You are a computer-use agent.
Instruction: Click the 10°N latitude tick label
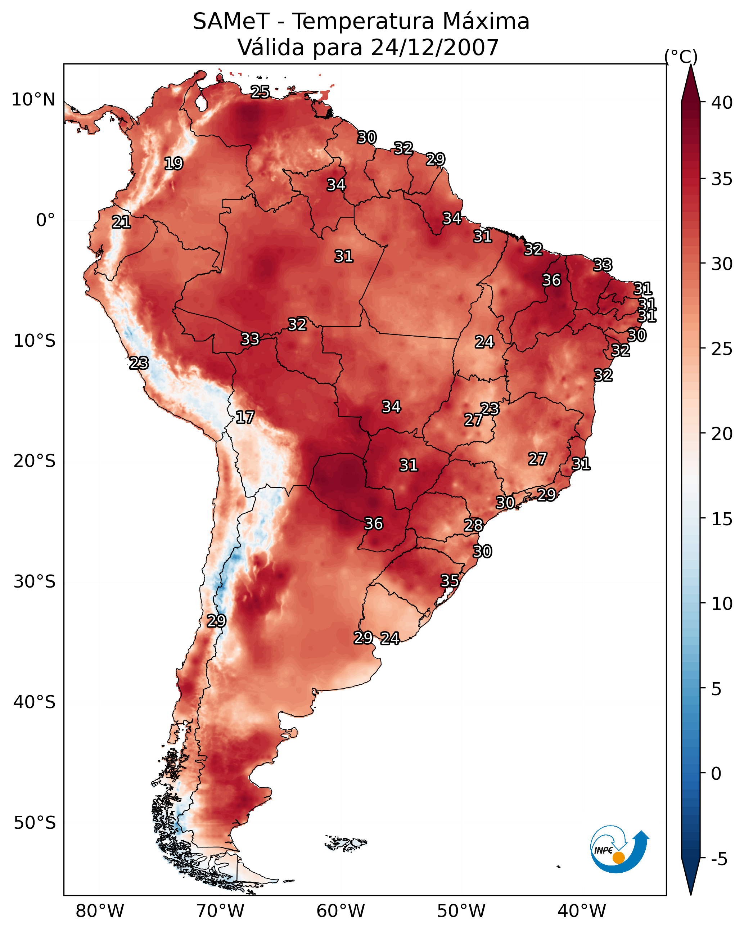[33, 100]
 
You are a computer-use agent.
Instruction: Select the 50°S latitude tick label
[35, 823]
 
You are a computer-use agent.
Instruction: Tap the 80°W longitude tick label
[100, 911]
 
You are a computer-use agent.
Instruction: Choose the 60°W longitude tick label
[341, 911]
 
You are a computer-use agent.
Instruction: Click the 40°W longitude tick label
[582, 911]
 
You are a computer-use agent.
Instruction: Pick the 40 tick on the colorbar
[722, 103]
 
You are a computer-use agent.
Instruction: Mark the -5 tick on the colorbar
[720, 859]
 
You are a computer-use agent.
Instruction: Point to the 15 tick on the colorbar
[722, 519]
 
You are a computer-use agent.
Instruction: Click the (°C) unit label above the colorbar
[681, 57]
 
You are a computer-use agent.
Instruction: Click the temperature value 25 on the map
[260, 92]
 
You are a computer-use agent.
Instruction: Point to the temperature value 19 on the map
[173, 164]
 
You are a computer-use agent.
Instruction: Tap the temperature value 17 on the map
[245, 417]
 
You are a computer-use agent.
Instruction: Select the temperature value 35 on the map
[450, 581]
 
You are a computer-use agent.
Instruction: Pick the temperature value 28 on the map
[473, 526]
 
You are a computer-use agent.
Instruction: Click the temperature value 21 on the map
[121, 222]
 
